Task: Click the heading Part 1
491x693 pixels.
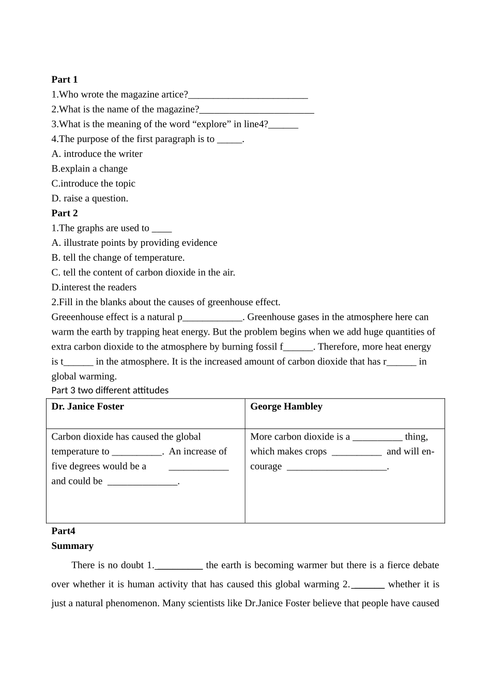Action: click(65, 80)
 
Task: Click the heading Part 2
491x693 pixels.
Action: click(65, 213)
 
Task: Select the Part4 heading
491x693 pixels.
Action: click(63, 531)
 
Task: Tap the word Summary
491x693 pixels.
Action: click(72, 546)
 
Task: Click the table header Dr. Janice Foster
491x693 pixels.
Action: click(88, 406)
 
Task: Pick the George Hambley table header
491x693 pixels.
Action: click(286, 406)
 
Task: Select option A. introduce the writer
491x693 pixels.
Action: click(97, 154)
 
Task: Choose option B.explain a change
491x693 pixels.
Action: click(89, 169)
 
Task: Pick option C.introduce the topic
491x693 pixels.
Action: click(93, 184)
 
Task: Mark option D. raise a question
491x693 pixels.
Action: click(90, 199)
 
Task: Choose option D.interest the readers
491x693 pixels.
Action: click(94, 288)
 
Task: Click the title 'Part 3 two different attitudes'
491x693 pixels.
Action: click(110, 390)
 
